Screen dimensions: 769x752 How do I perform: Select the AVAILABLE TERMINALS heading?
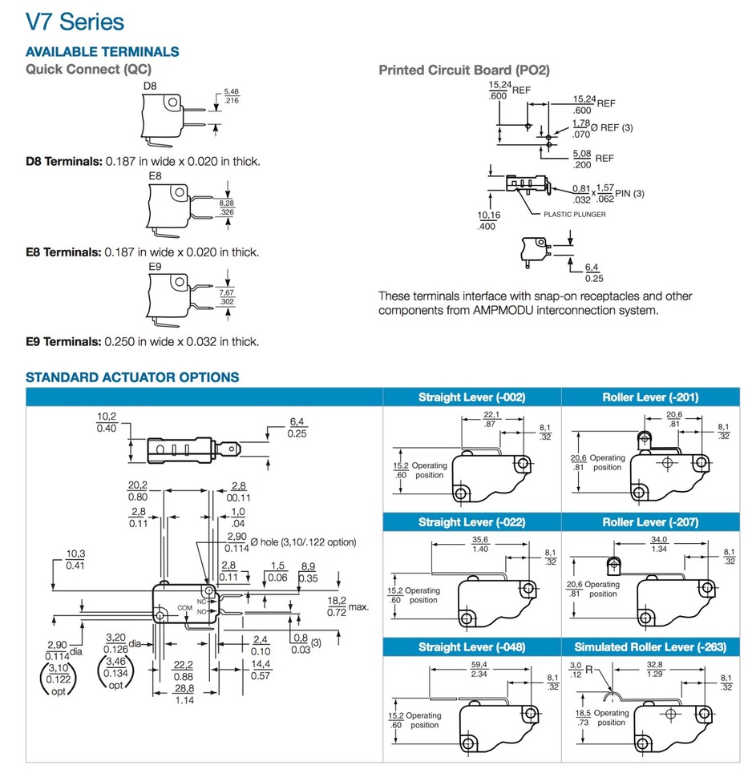(x=103, y=52)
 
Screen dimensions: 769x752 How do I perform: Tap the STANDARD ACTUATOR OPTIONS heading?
(x=132, y=376)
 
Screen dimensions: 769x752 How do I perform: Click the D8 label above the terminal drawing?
(x=150, y=86)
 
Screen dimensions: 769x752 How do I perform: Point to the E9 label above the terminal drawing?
(x=156, y=267)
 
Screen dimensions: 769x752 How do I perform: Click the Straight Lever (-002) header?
(x=472, y=397)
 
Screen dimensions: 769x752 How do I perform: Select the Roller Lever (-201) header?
(x=650, y=397)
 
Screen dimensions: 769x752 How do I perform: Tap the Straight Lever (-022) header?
(x=472, y=522)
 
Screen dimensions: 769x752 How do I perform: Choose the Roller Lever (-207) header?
(x=650, y=522)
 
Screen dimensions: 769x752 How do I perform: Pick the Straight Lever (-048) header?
(x=472, y=646)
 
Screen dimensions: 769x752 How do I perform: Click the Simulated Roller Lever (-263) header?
(x=650, y=646)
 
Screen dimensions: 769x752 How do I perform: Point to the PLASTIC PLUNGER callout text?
(x=575, y=214)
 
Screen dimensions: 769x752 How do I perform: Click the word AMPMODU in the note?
(x=540, y=310)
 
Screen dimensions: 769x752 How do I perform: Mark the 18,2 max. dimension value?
(x=337, y=601)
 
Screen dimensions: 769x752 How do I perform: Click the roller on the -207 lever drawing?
(x=613, y=566)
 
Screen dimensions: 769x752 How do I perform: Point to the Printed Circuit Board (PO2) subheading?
(x=464, y=70)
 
